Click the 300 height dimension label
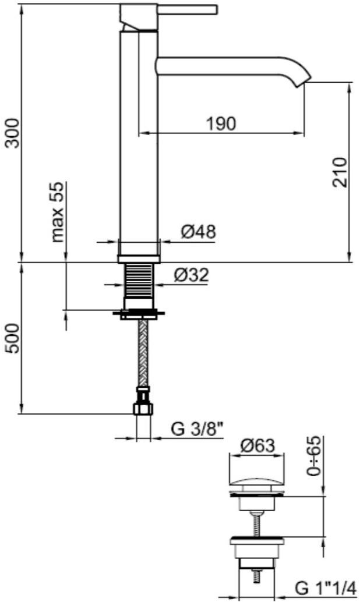(x=14, y=133)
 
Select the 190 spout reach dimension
(x=221, y=123)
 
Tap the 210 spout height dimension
(x=340, y=172)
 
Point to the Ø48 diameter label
(x=198, y=232)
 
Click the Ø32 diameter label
(x=191, y=275)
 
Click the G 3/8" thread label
(x=197, y=429)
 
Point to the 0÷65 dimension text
(x=315, y=456)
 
